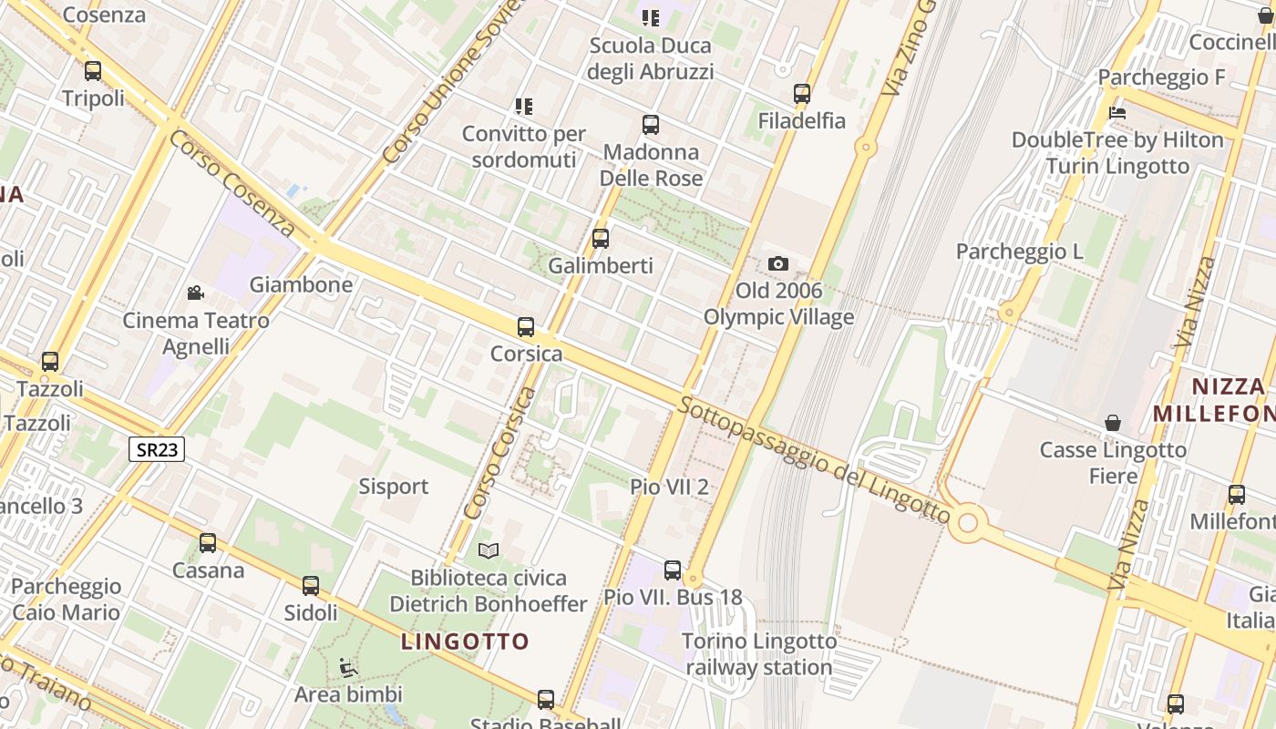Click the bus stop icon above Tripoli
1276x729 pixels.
coord(92,70)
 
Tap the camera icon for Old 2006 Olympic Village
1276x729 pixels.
coord(777,263)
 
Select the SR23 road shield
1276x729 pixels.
coord(157,448)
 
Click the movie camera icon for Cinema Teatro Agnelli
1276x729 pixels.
coord(195,293)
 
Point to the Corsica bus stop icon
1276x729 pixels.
coord(525,326)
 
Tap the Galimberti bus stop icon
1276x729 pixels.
coord(600,239)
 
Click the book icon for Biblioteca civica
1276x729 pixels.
coord(489,550)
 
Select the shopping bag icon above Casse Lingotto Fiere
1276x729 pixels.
coord(1112,422)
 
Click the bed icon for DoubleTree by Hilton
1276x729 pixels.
coord(1117,113)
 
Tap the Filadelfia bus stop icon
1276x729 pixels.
coord(801,93)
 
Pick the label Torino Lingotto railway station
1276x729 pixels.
coord(759,654)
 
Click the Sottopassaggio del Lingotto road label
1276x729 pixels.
coord(814,461)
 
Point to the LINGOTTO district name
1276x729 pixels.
coord(465,642)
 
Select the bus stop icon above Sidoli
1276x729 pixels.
coord(311,585)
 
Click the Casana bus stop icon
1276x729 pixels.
coord(208,543)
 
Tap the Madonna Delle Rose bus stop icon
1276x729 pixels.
coord(650,125)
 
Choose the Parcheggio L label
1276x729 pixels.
coord(1019,252)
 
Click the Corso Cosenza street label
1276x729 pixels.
coord(232,183)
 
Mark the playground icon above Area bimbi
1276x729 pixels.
coord(348,668)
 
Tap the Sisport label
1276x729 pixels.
coord(393,487)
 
